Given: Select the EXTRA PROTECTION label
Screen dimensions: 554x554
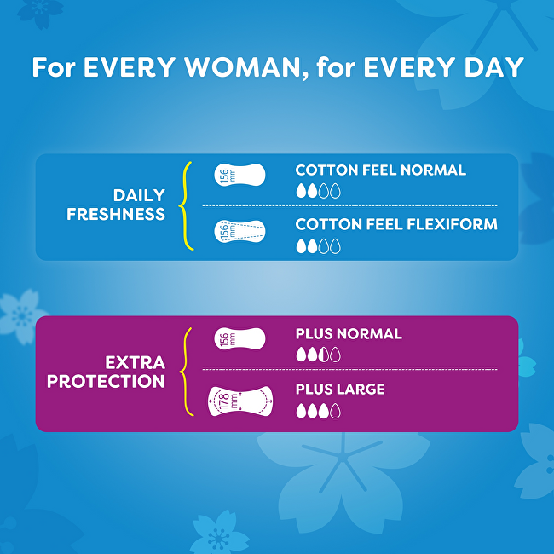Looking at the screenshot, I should point(106,372).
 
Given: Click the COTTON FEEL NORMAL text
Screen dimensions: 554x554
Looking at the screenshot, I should point(380,170).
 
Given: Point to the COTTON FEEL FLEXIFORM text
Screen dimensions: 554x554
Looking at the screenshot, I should point(395,225).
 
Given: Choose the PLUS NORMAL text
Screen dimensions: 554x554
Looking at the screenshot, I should point(349,334).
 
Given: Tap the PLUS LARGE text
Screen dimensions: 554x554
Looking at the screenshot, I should point(339,390).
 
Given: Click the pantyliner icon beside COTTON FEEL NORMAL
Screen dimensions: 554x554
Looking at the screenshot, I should point(239,176).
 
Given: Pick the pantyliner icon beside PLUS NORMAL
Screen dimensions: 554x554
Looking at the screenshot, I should point(239,339).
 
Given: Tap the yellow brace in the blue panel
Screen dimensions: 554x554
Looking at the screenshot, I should point(185,205).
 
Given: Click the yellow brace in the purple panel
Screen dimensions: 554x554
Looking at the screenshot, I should point(185,372).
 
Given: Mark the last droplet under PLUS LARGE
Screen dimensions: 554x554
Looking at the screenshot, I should point(335,411).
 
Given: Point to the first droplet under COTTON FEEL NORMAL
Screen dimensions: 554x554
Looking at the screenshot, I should point(300,191).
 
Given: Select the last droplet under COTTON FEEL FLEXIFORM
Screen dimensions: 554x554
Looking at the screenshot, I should point(335,246).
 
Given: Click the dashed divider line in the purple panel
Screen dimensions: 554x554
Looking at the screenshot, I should point(349,369).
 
